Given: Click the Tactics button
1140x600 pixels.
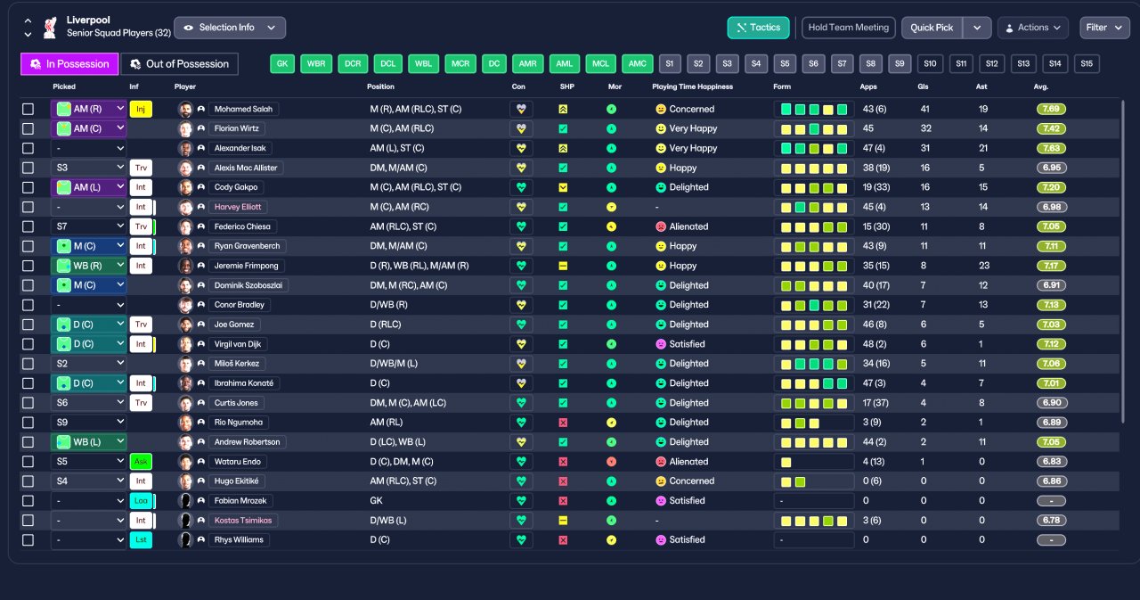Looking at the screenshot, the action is tap(758, 28).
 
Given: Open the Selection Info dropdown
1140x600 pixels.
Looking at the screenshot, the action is tap(230, 28).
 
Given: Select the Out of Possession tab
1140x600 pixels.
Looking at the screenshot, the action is tap(179, 64).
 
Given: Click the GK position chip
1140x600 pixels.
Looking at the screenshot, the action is tap(282, 63).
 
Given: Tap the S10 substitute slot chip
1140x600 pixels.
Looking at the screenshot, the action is tap(930, 63).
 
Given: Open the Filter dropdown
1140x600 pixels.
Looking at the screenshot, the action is tap(1103, 28).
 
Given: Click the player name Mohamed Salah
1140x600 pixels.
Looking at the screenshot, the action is tap(243, 109).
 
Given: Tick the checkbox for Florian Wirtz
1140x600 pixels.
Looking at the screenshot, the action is tap(28, 129).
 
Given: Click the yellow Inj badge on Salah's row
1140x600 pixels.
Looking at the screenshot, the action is tap(141, 109).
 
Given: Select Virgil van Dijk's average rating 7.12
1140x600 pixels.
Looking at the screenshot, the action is tap(1052, 344).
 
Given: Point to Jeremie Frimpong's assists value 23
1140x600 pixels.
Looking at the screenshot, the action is tap(984, 266).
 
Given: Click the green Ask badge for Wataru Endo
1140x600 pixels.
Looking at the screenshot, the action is tap(141, 462).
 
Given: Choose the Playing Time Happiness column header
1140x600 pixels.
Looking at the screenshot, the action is tap(692, 86).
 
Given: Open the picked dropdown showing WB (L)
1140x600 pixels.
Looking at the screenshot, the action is tap(88, 442).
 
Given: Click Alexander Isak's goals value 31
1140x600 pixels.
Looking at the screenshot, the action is tap(924, 148).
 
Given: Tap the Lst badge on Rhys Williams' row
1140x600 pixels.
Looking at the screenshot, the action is tap(141, 540).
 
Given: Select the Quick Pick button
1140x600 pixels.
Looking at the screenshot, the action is tap(932, 28).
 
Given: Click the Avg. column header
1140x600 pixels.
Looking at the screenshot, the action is tap(1041, 86).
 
